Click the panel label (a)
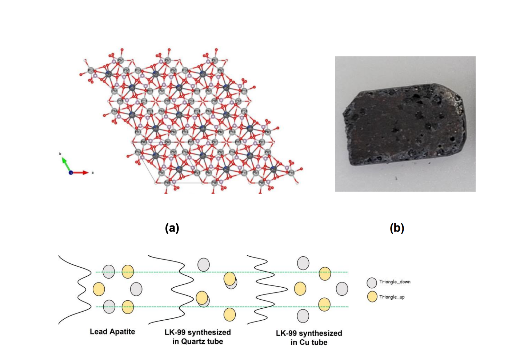tap(172, 228)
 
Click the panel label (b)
tap(397, 228)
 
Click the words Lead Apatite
tap(112, 332)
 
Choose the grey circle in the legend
tap(372, 283)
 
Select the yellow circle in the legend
tap(372, 297)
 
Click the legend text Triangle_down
tap(395, 282)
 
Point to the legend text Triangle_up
tap(392, 297)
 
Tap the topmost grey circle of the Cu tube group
tap(303, 263)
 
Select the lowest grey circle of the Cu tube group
tap(303, 316)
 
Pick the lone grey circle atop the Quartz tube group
tap(204, 265)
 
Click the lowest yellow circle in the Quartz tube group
tap(229, 315)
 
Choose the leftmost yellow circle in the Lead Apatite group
tap(99, 289)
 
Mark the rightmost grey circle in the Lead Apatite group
tap(136, 289)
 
